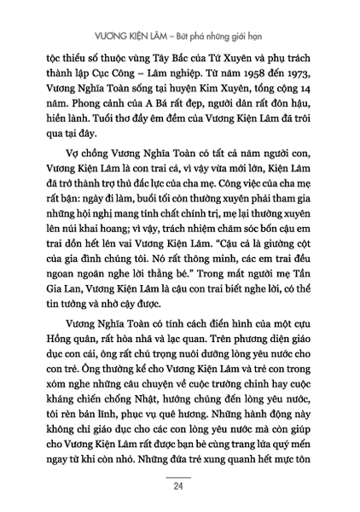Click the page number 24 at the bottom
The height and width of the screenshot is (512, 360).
tap(180, 488)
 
